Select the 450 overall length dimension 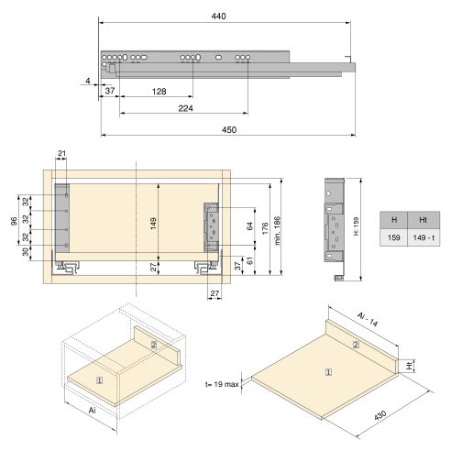[229, 130]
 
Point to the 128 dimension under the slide [159, 92]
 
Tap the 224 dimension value [185, 107]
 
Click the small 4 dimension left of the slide [87, 81]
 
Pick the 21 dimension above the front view [62, 154]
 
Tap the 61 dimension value [249, 262]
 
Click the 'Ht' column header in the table [423, 220]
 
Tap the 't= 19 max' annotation [224, 385]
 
